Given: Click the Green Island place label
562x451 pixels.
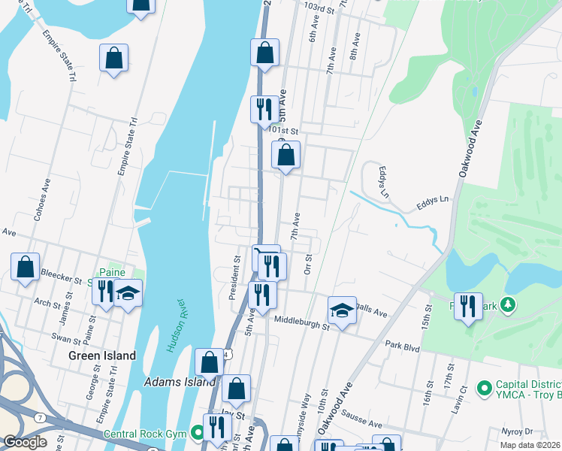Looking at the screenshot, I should tap(102, 356).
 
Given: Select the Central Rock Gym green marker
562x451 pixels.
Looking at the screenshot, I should tap(198, 432).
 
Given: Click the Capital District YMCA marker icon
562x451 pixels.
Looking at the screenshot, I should tap(483, 389).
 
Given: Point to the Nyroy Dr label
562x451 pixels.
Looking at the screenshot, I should tap(517, 432).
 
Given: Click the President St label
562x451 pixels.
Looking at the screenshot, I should tap(235, 279).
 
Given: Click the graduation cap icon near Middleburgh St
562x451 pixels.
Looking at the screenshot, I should tap(342, 310).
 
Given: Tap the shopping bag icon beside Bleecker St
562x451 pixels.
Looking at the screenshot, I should tap(26, 266).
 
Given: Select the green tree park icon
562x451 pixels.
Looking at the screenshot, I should tap(509, 304).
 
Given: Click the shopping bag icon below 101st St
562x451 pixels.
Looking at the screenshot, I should tap(286, 155).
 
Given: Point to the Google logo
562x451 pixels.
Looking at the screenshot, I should tap(25, 442).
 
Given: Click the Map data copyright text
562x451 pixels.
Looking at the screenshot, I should tap(530, 445).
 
